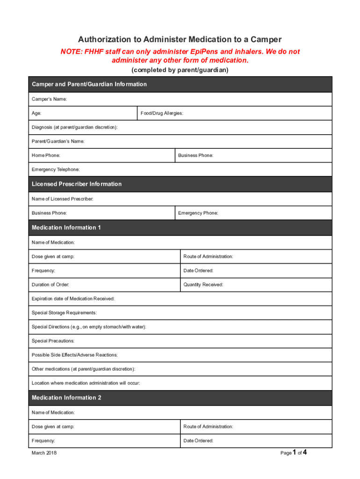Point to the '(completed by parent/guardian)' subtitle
[180, 70]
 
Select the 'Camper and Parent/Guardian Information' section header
[89, 84]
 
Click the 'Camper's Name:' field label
[49, 99]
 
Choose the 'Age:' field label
[36, 114]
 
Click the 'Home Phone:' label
[45, 155]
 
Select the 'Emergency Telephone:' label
[55, 169]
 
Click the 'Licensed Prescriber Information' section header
[76, 184]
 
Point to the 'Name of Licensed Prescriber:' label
[62, 199]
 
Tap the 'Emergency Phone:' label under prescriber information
[198, 213]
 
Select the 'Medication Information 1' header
[66, 228]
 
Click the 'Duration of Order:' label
[50, 285]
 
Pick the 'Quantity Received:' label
[203, 285]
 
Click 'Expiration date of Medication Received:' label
[72, 299]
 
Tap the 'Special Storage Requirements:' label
[64, 313]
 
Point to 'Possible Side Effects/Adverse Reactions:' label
[74, 355]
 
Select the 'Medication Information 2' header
[66, 398]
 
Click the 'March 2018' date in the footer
[44, 453]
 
